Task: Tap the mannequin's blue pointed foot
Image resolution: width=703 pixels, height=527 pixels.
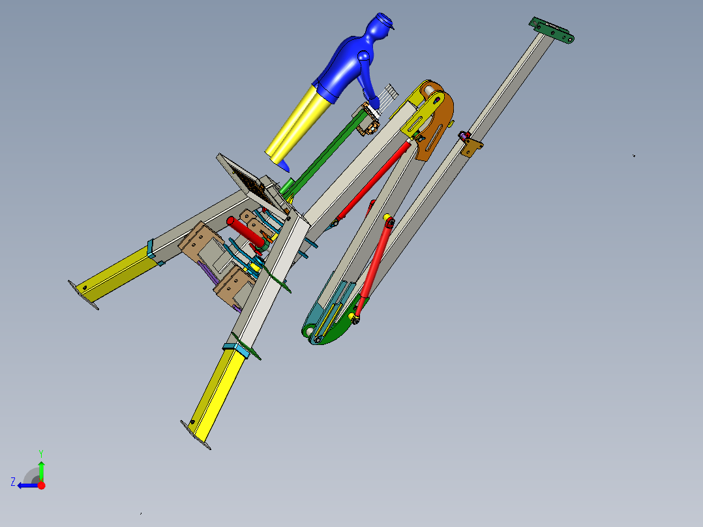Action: tap(284, 166)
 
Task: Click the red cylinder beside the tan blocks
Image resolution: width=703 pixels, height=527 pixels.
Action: tap(245, 231)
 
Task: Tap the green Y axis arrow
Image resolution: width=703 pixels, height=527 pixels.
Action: tap(41, 469)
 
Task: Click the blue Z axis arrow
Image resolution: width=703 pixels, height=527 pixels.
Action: tap(26, 485)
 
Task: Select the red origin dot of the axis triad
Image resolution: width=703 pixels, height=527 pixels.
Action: tap(41, 485)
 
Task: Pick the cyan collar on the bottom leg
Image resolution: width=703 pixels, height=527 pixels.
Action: tap(235, 348)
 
